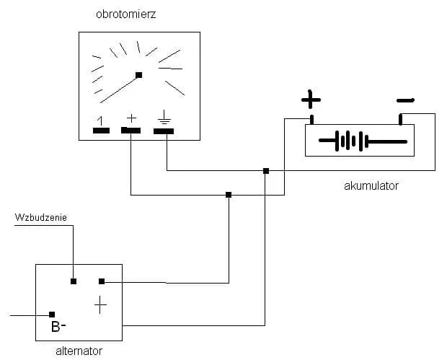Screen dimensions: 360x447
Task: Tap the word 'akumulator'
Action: click(x=371, y=186)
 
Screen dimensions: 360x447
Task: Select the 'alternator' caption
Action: click(x=79, y=352)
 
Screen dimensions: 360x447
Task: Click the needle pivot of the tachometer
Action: click(x=138, y=75)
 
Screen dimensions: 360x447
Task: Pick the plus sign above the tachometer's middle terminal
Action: click(x=131, y=117)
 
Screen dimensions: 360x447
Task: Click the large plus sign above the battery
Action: click(x=311, y=98)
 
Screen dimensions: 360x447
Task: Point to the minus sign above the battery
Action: click(x=405, y=100)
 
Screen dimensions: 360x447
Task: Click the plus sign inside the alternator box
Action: click(x=100, y=306)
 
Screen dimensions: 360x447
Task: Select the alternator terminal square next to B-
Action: click(x=52, y=315)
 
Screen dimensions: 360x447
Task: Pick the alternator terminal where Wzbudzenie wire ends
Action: click(x=74, y=281)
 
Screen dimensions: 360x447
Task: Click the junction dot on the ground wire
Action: click(x=266, y=171)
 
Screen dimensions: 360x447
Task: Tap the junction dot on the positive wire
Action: click(x=229, y=195)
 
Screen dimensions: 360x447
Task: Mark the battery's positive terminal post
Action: click(x=311, y=119)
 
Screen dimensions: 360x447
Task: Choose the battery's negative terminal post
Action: click(x=401, y=119)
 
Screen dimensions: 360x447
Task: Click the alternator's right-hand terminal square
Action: click(x=102, y=281)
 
